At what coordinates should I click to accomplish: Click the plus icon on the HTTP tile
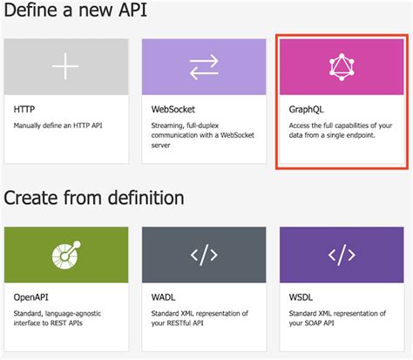(65, 69)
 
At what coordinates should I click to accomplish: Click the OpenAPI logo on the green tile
(65, 255)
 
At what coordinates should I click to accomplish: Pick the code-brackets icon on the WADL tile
(204, 255)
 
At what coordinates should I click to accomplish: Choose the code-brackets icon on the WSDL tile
(342, 255)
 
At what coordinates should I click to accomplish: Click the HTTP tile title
(24, 112)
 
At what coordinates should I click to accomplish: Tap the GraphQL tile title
(306, 112)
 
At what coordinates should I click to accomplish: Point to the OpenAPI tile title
(31, 297)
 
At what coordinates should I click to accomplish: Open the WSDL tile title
(302, 297)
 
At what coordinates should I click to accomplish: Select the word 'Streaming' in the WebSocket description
(168, 126)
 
